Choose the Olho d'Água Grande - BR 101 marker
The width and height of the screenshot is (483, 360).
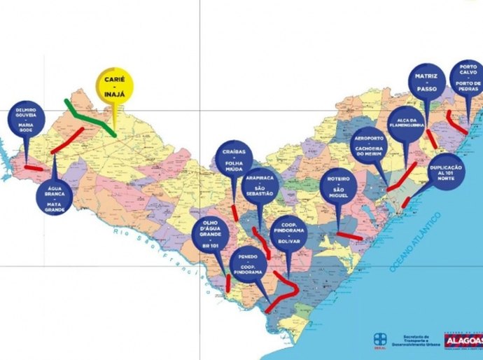coord(209,238)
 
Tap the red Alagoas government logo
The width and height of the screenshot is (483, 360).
coord(463,339)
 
